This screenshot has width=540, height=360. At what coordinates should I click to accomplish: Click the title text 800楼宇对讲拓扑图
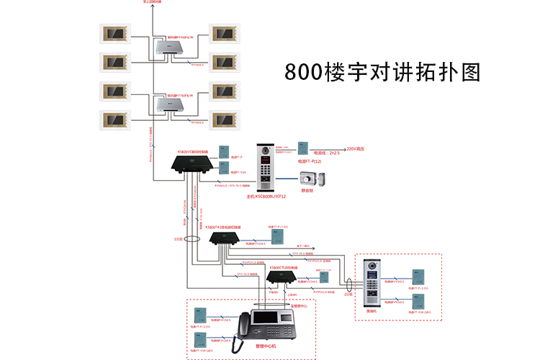382,73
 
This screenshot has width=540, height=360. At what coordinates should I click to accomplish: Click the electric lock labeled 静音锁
309,179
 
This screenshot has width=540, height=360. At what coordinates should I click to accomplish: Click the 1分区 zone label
179,238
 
